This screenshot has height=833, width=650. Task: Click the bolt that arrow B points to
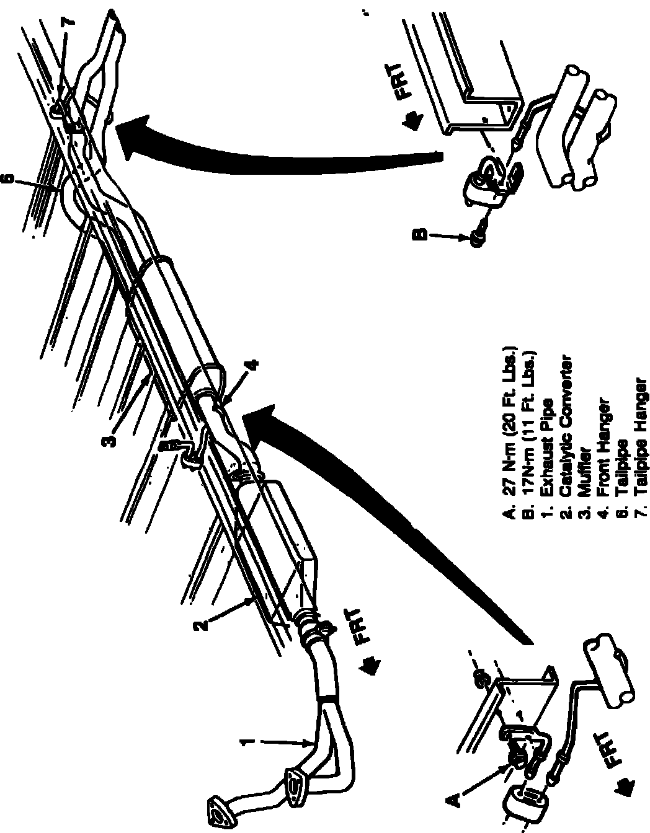click(x=478, y=236)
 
